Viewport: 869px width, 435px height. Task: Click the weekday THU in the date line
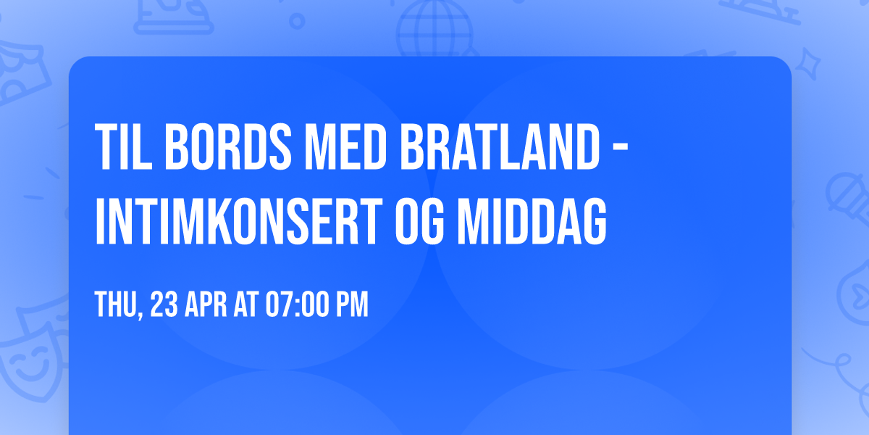[117, 304]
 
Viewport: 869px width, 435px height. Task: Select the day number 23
[164, 304]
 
